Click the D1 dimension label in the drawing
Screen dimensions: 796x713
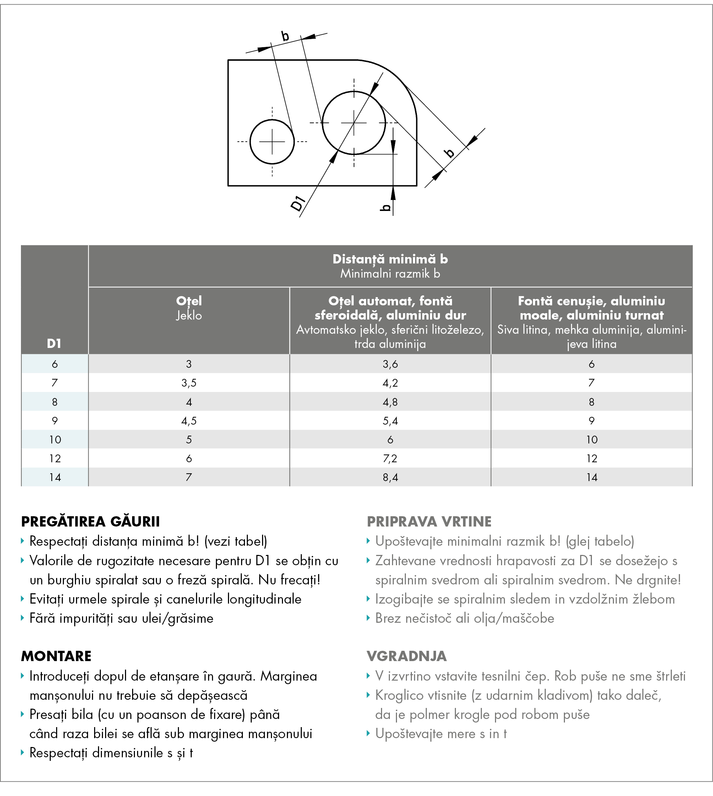pos(298,203)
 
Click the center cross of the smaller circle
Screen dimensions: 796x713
pos(272,141)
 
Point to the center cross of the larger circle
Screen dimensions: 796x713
pos(354,122)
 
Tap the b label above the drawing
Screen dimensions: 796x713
pos(285,37)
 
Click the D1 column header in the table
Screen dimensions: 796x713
pos(54,343)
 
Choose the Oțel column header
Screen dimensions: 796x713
pos(189,301)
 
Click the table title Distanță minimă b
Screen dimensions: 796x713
pos(390,259)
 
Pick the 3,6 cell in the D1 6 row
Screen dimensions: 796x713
pos(390,364)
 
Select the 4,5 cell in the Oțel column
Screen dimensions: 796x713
pos(189,421)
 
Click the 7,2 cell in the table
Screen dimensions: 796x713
pos(390,458)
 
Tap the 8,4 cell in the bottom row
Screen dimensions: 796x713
pos(390,477)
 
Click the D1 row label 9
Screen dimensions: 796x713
pos(55,421)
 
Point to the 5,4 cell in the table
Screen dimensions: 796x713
pos(390,421)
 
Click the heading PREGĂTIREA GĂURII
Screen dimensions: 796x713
pos(91,522)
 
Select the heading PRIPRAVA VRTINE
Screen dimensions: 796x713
pos(429,522)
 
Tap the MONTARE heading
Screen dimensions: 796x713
pos(56,656)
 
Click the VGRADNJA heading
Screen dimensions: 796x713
pos(407,656)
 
